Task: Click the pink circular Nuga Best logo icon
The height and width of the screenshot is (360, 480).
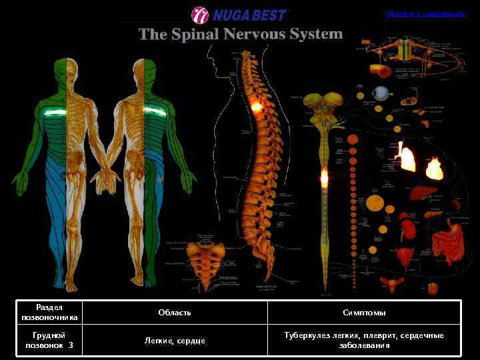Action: [x=200, y=14]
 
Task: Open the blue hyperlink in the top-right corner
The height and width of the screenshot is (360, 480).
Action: [x=425, y=14]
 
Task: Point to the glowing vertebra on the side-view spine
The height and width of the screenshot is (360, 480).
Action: [x=255, y=105]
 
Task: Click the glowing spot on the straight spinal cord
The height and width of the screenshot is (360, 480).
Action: [x=324, y=178]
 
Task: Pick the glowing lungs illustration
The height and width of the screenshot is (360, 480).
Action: [x=406, y=157]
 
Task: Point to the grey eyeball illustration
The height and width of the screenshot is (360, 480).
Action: [x=381, y=93]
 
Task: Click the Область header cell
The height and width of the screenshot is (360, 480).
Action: [x=175, y=312]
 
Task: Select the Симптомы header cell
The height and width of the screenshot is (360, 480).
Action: [x=364, y=312]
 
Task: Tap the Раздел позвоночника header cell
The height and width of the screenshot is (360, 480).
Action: [x=49, y=312]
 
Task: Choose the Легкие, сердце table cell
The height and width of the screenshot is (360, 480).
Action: [x=175, y=341]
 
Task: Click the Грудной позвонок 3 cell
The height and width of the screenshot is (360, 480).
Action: [x=49, y=341]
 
